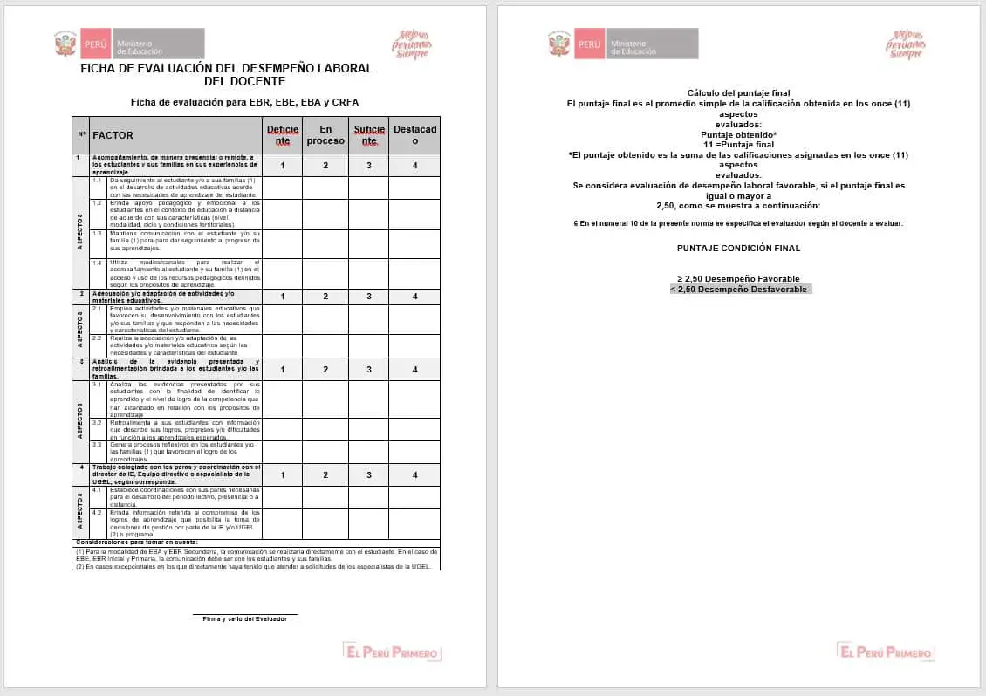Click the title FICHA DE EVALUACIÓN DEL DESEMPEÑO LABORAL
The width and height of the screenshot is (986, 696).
coord(226,68)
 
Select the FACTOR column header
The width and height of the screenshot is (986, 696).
coord(113,135)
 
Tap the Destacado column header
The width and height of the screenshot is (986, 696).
coord(414,135)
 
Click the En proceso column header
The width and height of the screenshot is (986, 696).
coord(325,135)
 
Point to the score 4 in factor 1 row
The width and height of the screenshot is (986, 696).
coord(414,166)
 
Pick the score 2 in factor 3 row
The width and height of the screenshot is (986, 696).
coord(325,370)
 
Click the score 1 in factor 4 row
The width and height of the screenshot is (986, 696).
coord(282,475)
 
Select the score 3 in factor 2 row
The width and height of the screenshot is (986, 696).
coord(369,297)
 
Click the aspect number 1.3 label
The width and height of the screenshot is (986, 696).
coord(98,234)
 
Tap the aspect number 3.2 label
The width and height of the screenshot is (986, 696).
coord(98,422)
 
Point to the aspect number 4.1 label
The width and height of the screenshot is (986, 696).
coord(98,490)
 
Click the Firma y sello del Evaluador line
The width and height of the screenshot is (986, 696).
coord(244,618)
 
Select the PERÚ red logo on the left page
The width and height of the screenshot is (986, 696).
coord(96,44)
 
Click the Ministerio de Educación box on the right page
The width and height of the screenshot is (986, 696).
coord(652,44)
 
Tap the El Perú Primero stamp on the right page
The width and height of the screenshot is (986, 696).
coord(885,652)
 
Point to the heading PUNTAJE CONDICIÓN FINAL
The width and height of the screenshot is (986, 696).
coord(738,248)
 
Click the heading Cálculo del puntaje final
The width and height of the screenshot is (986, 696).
coord(738,92)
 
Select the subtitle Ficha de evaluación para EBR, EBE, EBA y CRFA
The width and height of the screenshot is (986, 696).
coord(244,102)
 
